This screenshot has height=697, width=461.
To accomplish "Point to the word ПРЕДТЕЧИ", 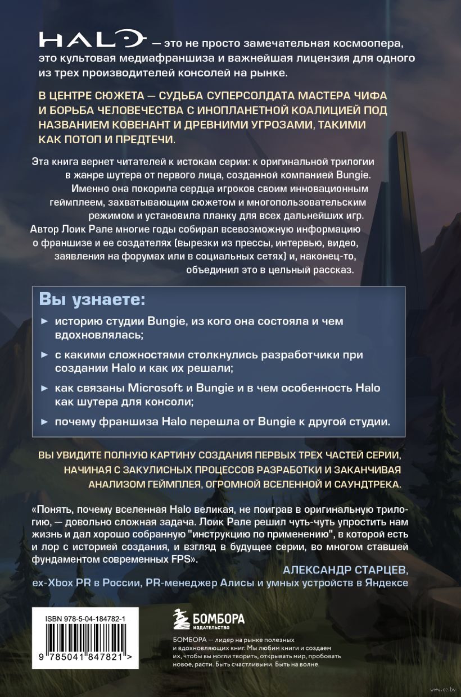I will pos(144,139).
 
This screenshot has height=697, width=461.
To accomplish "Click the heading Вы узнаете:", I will pos(92,299).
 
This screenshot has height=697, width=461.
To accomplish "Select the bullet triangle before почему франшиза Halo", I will pos(45,421).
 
